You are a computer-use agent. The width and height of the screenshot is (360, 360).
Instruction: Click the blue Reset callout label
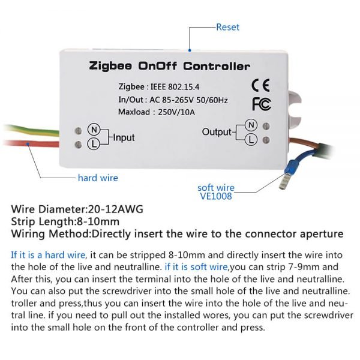[x=227, y=27]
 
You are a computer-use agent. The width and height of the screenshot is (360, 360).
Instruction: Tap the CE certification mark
[x=260, y=85]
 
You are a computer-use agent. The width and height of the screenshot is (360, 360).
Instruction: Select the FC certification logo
[x=262, y=104]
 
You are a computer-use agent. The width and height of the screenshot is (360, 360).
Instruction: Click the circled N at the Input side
[x=94, y=130]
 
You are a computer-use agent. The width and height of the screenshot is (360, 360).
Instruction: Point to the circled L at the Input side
[x=94, y=144]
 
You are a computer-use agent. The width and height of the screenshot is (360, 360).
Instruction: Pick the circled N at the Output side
[x=251, y=125]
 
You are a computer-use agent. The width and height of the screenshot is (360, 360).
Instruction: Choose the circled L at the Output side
[x=251, y=140]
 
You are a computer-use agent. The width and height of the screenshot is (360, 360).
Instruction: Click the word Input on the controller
[x=124, y=138]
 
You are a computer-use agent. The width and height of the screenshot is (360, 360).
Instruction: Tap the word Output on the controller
[x=217, y=132]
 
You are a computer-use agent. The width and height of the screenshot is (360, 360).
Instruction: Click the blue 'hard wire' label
[x=98, y=178]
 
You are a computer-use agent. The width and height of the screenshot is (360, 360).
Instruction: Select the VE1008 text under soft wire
[x=216, y=196]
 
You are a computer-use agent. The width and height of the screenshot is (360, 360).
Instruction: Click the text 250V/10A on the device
[x=176, y=112]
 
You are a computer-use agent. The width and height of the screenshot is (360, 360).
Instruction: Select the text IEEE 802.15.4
[x=175, y=87]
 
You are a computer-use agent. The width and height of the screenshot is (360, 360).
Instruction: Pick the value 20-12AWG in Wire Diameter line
[x=115, y=209]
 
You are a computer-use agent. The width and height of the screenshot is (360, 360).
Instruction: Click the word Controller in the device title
[x=217, y=66]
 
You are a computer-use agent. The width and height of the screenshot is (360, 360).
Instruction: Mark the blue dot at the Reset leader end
[x=190, y=50]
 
